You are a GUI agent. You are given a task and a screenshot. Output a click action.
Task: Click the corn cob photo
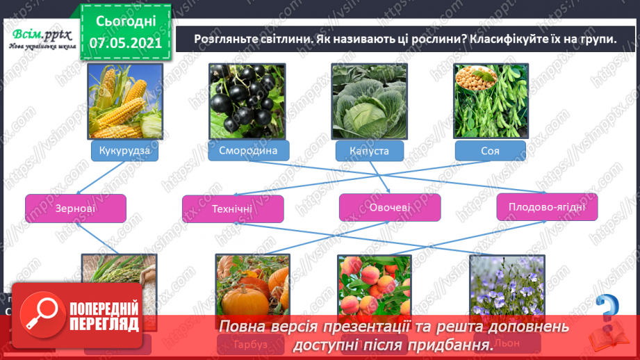(125, 101)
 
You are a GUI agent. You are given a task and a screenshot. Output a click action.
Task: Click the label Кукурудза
(125, 150)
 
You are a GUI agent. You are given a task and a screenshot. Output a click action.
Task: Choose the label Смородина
(248, 150)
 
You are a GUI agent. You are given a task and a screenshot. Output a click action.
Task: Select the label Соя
(489, 151)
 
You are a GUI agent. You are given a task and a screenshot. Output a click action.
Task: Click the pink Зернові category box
(76, 208)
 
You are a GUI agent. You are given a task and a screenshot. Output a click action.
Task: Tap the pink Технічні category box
(233, 208)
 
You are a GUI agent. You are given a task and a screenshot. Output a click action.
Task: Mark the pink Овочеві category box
(390, 207)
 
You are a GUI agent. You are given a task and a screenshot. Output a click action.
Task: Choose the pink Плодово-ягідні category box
(548, 207)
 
